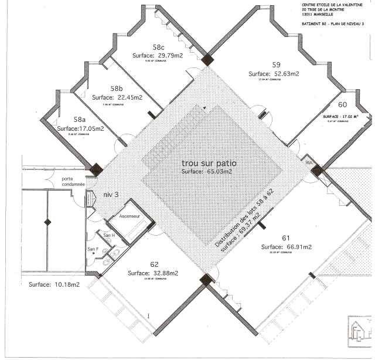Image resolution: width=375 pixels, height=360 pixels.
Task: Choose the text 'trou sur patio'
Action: [x=208, y=162]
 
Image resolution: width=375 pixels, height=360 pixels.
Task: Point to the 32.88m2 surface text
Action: [x=153, y=273]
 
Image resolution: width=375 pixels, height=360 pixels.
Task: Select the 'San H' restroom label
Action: [x=108, y=235]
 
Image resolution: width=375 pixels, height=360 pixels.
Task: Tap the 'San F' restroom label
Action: [x=93, y=249]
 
